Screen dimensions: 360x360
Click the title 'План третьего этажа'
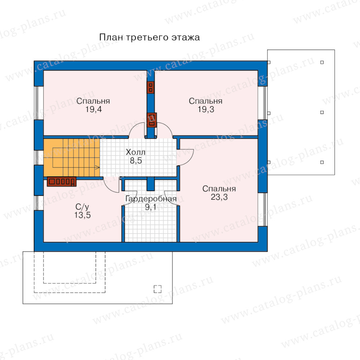[150, 38]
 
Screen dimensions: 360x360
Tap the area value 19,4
[94, 110]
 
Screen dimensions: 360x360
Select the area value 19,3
[206, 110]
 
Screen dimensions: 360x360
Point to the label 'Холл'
[136, 152]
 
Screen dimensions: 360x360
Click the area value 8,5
[136, 161]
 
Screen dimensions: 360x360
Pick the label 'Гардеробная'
[151, 198]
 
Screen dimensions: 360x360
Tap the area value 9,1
[151, 207]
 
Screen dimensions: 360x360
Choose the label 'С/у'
[82, 207]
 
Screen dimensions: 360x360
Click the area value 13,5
[82, 215]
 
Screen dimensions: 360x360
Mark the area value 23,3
[219, 197]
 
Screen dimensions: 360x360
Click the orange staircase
[72, 158]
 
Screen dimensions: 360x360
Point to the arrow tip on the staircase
[100, 167]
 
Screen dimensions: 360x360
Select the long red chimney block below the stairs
[62, 182]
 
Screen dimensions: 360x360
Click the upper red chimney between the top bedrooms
[150, 88]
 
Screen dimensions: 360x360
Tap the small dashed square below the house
[158, 289]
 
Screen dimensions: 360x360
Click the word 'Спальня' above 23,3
[219, 189]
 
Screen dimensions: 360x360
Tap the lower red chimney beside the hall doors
[152, 120]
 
